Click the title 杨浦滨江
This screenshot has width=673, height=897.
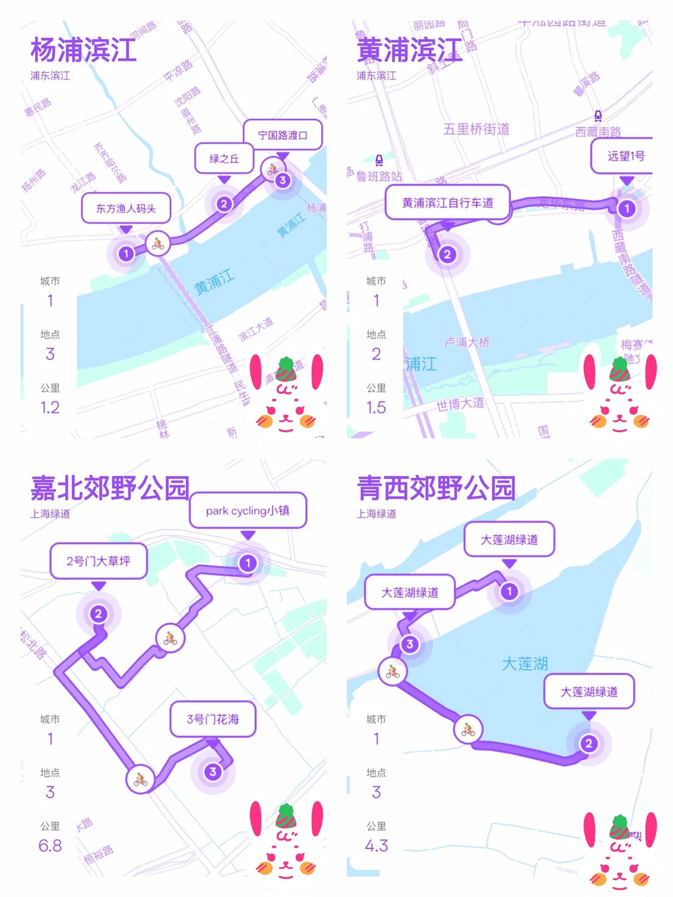[x=84, y=50]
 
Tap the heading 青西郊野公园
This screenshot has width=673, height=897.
[x=436, y=488]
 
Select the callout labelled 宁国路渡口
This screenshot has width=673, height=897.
[x=282, y=135]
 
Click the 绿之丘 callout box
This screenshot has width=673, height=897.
[x=224, y=158]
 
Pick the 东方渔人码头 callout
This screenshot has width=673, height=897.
[x=126, y=208]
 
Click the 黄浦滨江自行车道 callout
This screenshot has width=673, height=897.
[x=447, y=202]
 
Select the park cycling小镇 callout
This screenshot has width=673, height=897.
[x=248, y=511]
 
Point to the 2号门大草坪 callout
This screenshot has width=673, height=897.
[x=98, y=561]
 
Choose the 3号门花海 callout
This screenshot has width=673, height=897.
[x=213, y=719]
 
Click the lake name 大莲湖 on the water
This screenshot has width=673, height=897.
[x=525, y=663]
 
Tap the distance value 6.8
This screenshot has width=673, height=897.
[x=50, y=845]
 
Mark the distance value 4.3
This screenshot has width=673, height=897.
[x=376, y=845]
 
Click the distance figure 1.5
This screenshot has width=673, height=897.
[x=376, y=407]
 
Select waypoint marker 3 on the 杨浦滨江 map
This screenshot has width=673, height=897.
[x=283, y=181]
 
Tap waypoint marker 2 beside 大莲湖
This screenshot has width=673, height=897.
[x=588, y=743]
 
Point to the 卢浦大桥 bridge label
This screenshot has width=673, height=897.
[x=467, y=342]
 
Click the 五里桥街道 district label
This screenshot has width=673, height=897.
[x=476, y=129]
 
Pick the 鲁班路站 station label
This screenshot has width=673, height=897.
[x=379, y=176]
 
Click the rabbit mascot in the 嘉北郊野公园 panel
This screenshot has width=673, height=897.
[x=287, y=838]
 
